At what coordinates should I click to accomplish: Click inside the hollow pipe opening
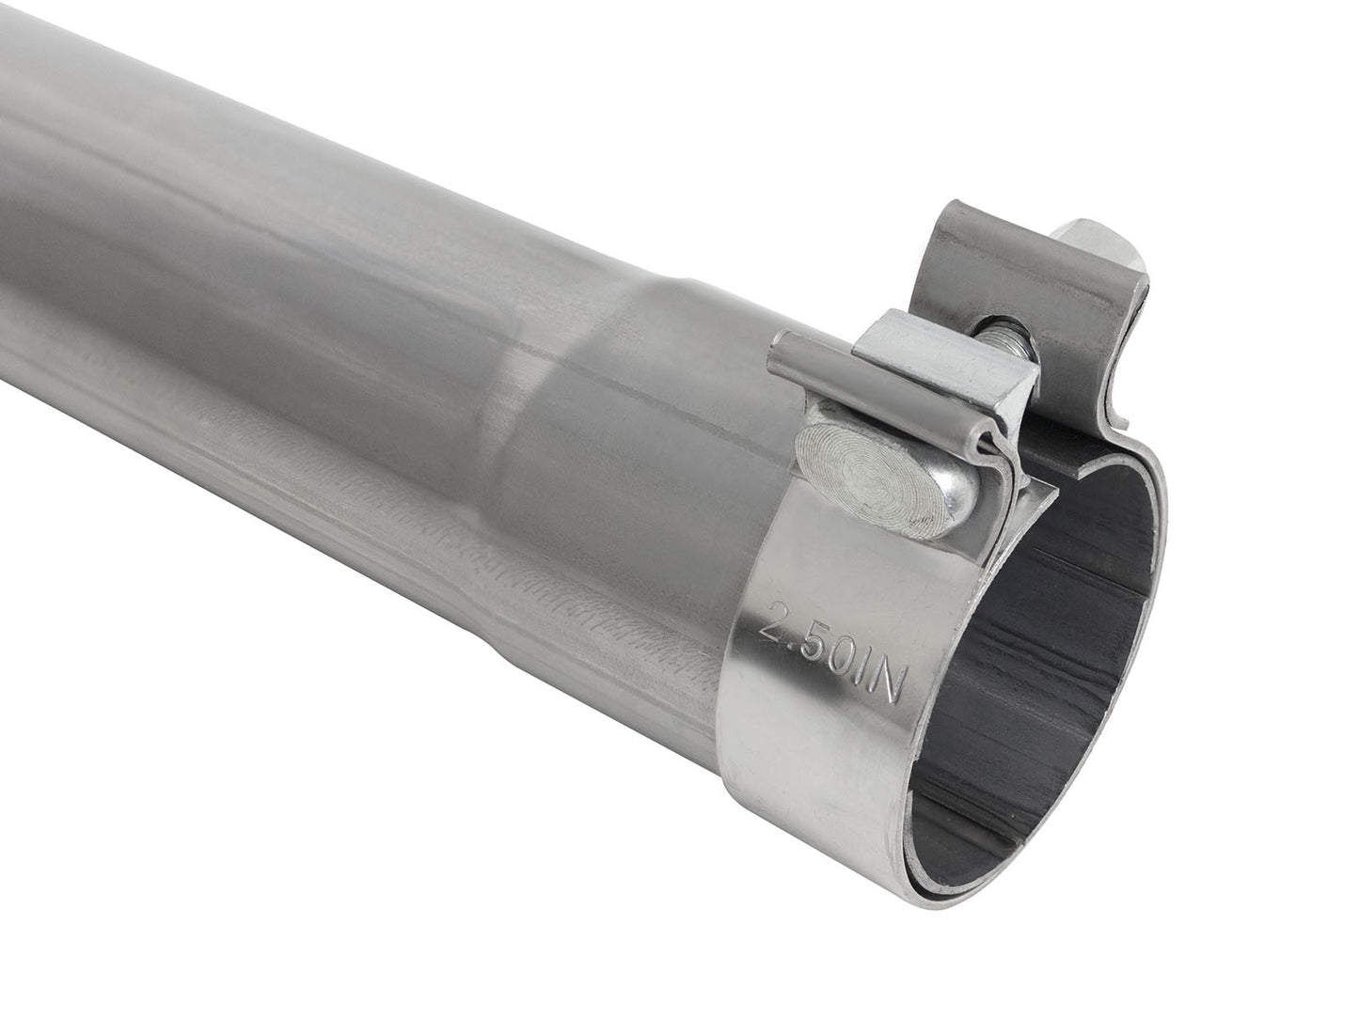tap(1044, 639)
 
